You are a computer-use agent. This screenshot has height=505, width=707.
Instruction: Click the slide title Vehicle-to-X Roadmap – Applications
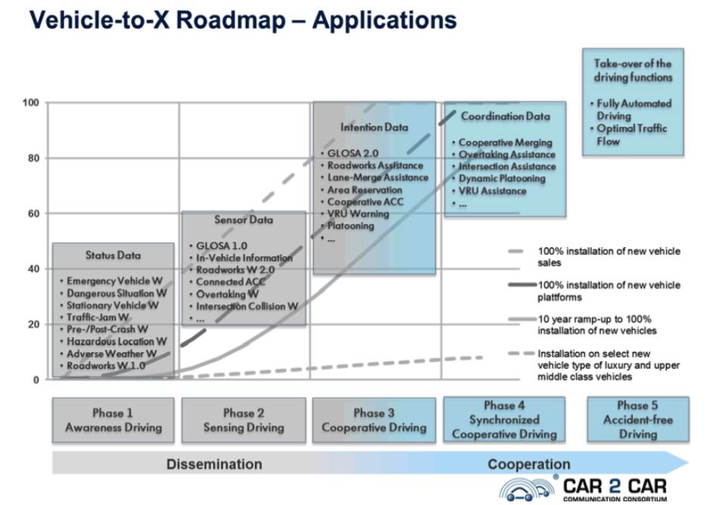[243, 20]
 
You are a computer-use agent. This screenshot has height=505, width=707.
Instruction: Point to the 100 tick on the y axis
[31, 103]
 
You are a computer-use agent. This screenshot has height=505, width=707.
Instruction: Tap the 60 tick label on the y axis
[33, 214]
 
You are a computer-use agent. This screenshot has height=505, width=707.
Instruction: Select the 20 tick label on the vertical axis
[33, 324]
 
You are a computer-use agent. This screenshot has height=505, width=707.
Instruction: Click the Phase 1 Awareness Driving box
[113, 420]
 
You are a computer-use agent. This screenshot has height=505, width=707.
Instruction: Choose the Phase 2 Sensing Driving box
[243, 420]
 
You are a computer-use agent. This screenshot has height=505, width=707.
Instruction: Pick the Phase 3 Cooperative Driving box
[374, 420]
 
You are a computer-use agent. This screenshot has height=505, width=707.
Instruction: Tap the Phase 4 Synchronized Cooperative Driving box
[504, 420]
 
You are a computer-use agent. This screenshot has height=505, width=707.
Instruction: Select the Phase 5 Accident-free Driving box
[638, 420]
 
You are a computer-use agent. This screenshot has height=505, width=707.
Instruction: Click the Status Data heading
[113, 256]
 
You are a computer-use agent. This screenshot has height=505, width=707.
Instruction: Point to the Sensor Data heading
[244, 219]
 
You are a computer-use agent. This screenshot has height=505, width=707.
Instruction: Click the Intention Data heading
[374, 127]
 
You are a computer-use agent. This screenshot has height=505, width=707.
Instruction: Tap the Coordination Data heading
[505, 116]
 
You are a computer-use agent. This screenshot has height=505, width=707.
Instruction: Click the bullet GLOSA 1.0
[222, 246]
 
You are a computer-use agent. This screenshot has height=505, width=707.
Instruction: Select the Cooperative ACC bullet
[365, 202]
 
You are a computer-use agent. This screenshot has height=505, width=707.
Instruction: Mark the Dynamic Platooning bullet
[502, 178]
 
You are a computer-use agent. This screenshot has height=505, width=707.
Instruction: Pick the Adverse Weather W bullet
[112, 354]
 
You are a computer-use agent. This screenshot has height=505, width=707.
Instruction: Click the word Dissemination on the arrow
[214, 464]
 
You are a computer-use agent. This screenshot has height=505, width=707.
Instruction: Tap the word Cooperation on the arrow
[529, 464]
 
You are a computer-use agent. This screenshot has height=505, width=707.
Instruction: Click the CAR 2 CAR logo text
[615, 486]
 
